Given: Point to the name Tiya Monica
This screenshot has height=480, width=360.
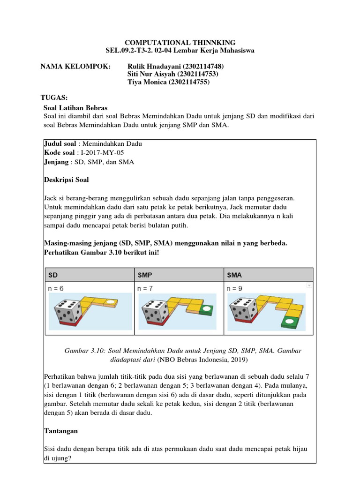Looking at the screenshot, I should point(145,82).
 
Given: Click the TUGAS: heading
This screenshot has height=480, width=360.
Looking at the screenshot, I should point(54,97).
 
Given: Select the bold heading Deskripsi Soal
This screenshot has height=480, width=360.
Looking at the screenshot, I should point(66,180).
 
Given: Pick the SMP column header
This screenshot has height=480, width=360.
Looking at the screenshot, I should point(146,274).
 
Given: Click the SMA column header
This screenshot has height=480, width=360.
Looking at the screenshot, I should point(235,274).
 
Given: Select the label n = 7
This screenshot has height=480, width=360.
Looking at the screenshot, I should point(146,288).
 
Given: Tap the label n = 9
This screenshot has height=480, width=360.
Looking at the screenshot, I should point(235,288).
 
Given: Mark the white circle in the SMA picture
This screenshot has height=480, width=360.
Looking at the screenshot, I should point(290,321).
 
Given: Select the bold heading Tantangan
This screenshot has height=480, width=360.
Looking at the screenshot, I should point(61,430).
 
